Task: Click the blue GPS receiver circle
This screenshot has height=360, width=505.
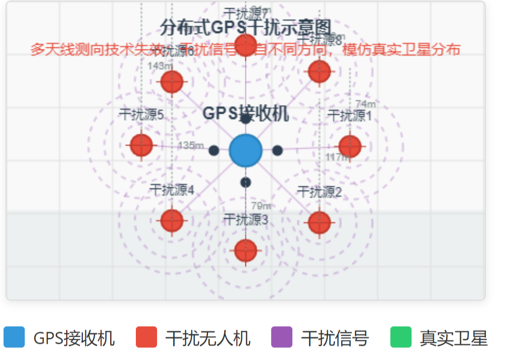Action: pyautogui.click(x=245, y=150)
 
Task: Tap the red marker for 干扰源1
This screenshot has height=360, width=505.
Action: pyautogui.click(x=349, y=146)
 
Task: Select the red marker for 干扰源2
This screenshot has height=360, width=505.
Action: pyautogui.click(x=319, y=222)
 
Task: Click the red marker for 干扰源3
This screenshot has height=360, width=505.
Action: pyautogui.click(x=245, y=250)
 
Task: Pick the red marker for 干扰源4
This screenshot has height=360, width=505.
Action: pyautogui.click(x=172, y=220)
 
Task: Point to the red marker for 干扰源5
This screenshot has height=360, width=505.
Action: pyautogui.click(x=141, y=145)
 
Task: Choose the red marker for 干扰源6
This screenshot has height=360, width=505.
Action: pyautogui.click(x=172, y=81)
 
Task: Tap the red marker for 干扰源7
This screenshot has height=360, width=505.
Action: pyautogui.click(x=246, y=45)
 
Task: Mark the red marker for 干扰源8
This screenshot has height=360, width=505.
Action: pyautogui.click(x=319, y=71)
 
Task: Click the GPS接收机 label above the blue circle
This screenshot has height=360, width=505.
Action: pyautogui.click(x=245, y=114)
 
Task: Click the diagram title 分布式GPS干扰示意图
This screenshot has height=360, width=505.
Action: pyautogui.click(x=245, y=26)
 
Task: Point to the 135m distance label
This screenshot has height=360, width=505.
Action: pyautogui.click(x=191, y=145)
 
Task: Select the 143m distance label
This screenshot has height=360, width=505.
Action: pyautogui.click(x=160, y=65)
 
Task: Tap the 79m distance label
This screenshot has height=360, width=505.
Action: pyautogui.click(x=261, y=205)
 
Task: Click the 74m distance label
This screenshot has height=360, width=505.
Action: pyautogui.click(x=366, y=105)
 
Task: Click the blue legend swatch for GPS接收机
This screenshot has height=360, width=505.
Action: pyautogui.click(x=14, y=337)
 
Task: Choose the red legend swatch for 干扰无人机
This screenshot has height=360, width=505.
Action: pyautogui.click(x=146, y=337)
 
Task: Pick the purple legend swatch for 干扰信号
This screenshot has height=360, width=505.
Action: pyautogui.click(x=282, y=337)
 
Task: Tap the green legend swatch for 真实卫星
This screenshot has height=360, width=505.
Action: pyautogui.click(x=401, y=337)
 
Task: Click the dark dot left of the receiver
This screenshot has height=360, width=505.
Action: pyautogui.click(x=214, y=150)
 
